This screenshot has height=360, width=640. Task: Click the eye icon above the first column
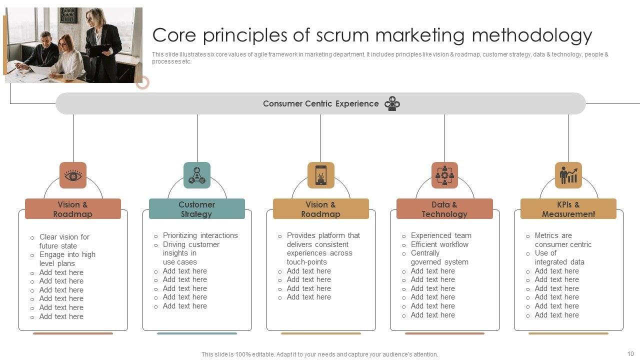click(73, 175)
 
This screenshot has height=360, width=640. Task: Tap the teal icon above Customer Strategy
click(197, 175)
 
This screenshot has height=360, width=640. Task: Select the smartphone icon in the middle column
click(321, 175)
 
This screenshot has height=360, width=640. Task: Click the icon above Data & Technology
click(444, 175)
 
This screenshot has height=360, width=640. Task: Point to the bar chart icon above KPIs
click(568, 175)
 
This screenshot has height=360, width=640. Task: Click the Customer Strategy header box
click(197, 209)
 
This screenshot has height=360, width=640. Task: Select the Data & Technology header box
click(444, 209)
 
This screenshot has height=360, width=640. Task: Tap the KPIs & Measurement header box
click(568, 209)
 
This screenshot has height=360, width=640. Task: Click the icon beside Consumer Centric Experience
click(392, 103)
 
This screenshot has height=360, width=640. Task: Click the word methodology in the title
click(532, 35)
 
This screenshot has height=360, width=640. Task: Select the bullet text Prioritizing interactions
click(200, 235)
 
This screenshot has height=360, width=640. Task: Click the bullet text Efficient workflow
click(439, 244)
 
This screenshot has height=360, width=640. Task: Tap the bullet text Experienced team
click(441, 235)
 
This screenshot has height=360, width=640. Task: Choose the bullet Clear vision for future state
click(64, 241)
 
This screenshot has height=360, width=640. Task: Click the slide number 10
click(630, 353)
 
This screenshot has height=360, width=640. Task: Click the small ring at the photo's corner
click(142, 82)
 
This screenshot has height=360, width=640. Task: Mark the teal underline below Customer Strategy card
click(197, 333)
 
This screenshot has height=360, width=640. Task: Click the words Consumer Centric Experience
click(320, 103)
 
